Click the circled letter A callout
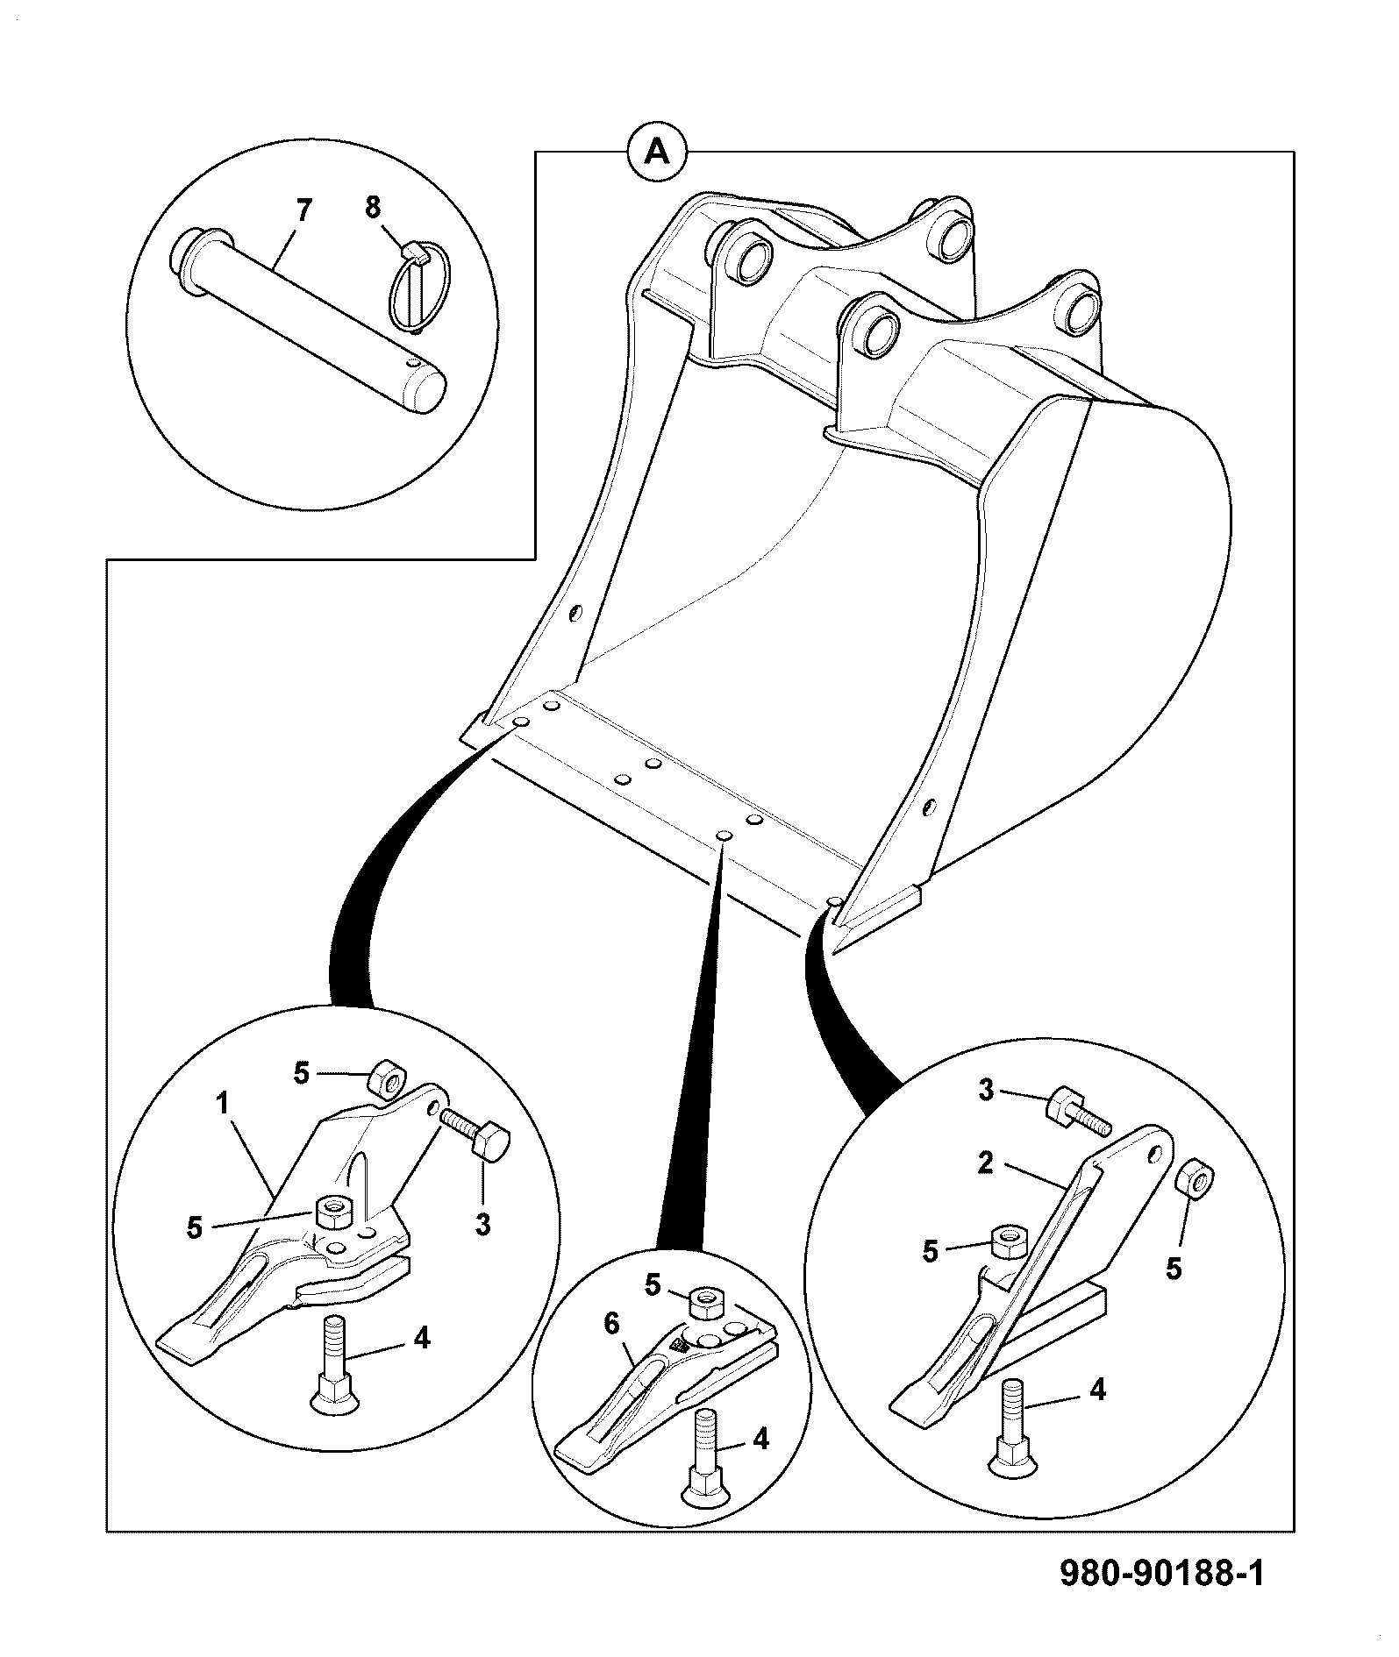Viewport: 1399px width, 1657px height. pos(657,152)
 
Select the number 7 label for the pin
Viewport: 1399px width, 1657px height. pos(303,211)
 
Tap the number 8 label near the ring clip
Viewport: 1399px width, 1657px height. pos(373,208)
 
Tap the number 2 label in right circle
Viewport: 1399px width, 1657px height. pos(986,1164)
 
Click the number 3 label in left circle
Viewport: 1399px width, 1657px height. pos(483,1225)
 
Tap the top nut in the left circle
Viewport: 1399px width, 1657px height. pos(384,1079)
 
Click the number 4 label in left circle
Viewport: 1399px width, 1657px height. pos(422,1339)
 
